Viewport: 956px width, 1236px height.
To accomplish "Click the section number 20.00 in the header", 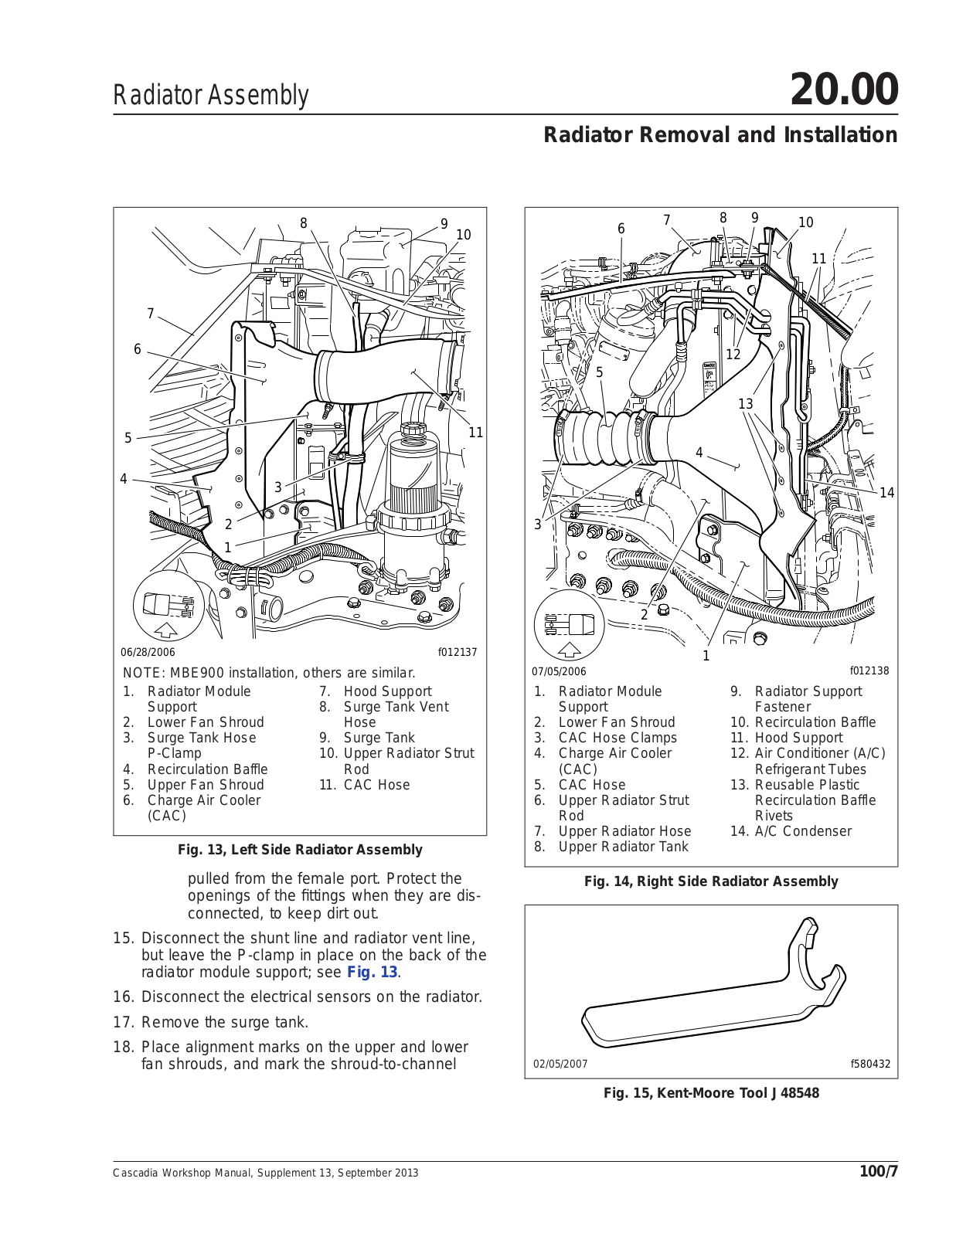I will point(844,90).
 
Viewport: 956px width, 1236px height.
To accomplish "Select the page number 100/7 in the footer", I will point(879,1172).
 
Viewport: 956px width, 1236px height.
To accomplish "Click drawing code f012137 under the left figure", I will point(458,652).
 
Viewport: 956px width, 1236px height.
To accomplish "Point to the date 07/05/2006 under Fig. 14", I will point(559,671).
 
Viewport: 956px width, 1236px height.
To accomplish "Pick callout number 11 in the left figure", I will point(476,433).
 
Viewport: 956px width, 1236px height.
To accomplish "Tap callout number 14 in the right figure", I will point(886,493).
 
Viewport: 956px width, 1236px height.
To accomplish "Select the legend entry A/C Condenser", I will point(802,831).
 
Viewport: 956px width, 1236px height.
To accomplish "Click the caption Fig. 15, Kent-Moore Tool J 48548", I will point(711,1093).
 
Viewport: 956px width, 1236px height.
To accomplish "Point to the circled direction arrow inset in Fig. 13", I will point(166,607).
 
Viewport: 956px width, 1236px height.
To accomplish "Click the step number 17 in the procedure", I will point(124,1022).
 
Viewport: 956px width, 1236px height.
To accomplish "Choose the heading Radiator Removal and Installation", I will point(720,135).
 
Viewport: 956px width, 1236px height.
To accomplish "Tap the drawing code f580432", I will point(870,1064).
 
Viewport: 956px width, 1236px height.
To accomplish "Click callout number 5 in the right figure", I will point(600,372).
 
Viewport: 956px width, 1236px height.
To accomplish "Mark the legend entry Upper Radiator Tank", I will point(623,847).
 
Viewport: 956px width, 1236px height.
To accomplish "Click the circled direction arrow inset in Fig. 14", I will point(569,625).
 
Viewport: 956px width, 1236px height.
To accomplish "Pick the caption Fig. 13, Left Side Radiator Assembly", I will point(300,850).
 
